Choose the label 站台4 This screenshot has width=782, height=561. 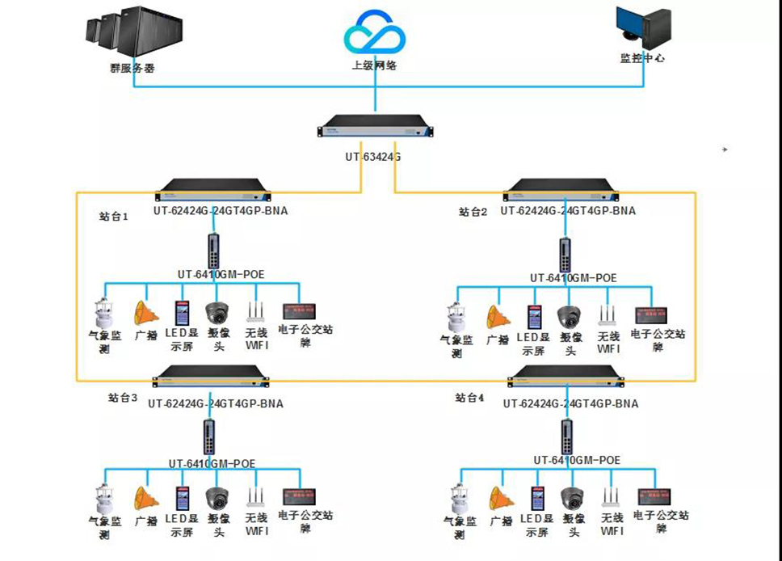tap(470, 398)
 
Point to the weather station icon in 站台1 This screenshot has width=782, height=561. tap(102, 313)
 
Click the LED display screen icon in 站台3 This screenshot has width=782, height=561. tap(183, 497)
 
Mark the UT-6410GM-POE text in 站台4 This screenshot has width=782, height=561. tap(577, 460)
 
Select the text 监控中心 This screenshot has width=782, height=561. tap(642, 58)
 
